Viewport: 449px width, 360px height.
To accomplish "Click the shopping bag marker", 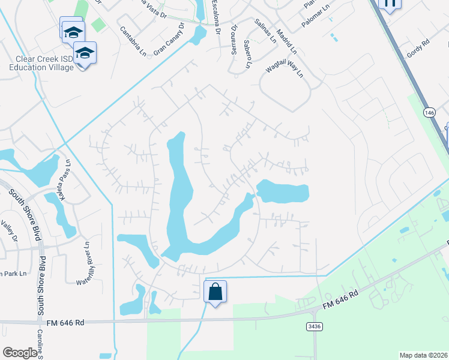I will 215,292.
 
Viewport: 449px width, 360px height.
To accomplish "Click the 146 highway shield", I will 429,112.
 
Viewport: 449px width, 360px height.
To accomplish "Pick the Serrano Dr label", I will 234,39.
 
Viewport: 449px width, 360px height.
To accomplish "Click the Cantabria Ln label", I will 133,41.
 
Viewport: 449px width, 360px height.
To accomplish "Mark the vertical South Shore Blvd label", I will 41,287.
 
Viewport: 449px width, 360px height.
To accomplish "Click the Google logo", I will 20,353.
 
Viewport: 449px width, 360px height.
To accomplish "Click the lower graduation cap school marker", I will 84,53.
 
